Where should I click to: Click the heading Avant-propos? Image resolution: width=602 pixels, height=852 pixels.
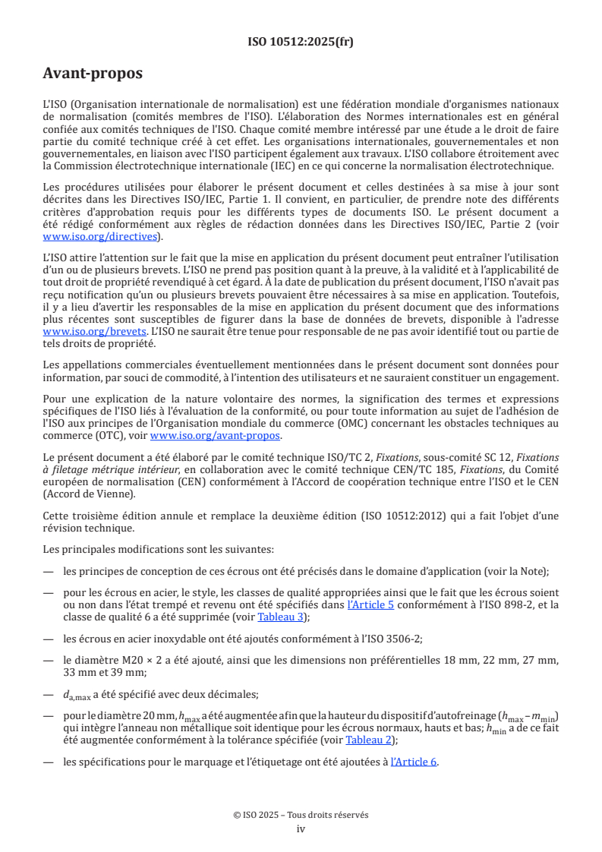pyautogui.click(x=92, y=74)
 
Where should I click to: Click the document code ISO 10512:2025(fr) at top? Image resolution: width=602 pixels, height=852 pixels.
pyautogui.click(x=301, y=42)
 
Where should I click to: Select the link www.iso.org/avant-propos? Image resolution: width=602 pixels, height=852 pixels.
pyautogui.click(x=216, y=435)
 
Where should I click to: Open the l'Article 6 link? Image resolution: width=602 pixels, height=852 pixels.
pyautogui.click(x=414, y=762)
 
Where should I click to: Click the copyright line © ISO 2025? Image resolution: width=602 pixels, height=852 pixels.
pyautogui.click(x=301, y=815)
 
